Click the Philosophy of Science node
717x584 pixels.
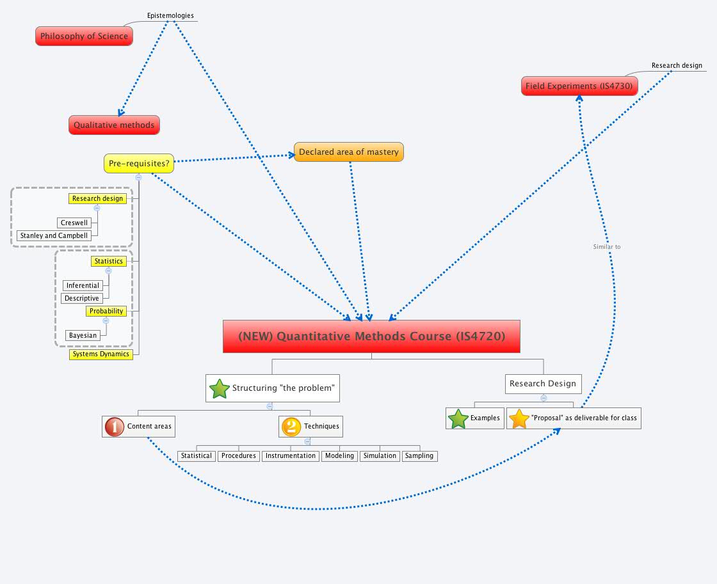pyautogui.click(x=84, y=36)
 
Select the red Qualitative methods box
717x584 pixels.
pyautogui.click(x=114, y=125)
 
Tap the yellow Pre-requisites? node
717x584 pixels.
pyautogui.click(x=139, y=164)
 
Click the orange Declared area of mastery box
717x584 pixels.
pyautogui.click(x=349, y=152)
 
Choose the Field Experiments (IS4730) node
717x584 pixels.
pyautogui.click(x=579, y=86)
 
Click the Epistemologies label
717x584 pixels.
pyautogui.click(x=170, y=15)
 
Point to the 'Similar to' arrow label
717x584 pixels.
pyautogui.click(x=606, y=246)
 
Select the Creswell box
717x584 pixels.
pyautogui.click(x=74, y=223)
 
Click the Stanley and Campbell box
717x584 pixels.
pyautogui.click(x=54, y=235)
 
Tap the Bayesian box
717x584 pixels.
pyautogui.click(x=83, y=335)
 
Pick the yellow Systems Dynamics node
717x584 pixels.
pyautogui.click(x=101, y=354)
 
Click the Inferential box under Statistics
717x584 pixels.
pyautogui.click(x=83, y=285)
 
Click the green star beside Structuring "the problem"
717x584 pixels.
pyautogui.click(x=220, y=388)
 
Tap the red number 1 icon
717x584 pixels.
pyautogui.click(x=114, y=427)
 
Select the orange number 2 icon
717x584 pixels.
pyautogui.click(x=291, y=427)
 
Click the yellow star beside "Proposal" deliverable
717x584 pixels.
pyautogui.click(x=519, y=419)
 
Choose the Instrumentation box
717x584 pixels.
pyautogui.click(x=291, y=456)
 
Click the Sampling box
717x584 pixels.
pyautogui.click(x=419, y=456)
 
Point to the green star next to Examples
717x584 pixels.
pyautogui.click(x=458, y=419)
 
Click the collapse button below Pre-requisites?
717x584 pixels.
pyautogui.click(x=138, y=177)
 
